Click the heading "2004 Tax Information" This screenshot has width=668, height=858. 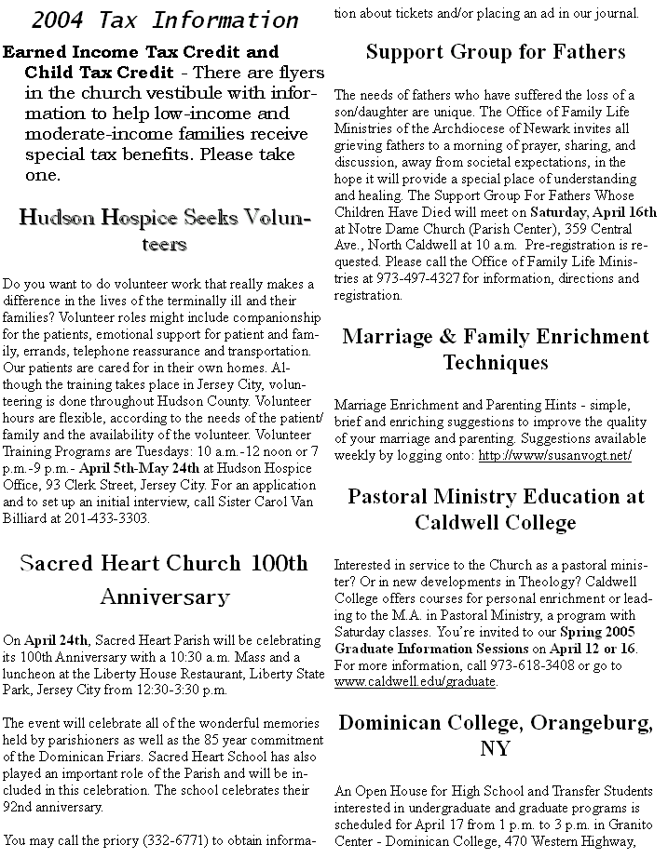pyautogui.click(x=165, y=20)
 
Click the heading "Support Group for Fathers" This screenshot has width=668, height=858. pyautogui.click(x=496, y=52)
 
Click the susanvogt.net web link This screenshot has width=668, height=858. pyautogui.click(x=555, y=455)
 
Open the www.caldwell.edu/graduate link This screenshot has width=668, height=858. pyautogui.click(x=415, y=681)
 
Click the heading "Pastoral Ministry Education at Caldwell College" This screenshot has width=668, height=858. pyautogui.click(x=496, y=508)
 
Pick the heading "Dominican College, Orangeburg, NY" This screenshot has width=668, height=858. pyautogui.click(x=496, y=735)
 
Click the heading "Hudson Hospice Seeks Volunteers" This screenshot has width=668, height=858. pyautogui.click(x=165, y=231)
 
